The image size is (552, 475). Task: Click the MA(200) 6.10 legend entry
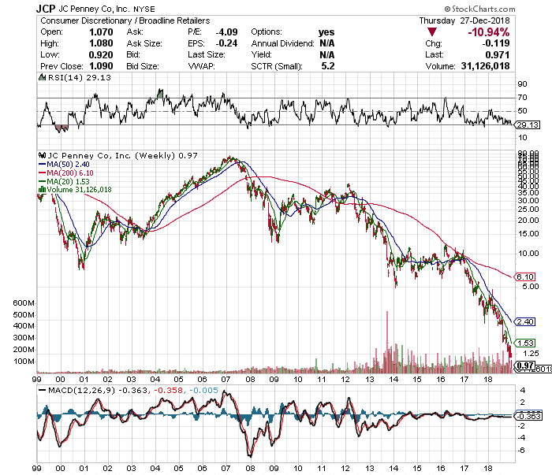(x=72, y=172)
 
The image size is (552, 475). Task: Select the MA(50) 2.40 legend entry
(x=69, y=164)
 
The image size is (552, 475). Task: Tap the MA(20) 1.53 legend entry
(x=69, y=180)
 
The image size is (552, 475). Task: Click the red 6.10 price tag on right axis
(x=525, y=277)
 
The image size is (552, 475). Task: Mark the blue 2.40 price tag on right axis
(x=525, y=322)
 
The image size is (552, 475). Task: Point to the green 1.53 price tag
(x=525, y=343)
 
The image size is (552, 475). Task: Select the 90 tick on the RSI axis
(x=521, y=83)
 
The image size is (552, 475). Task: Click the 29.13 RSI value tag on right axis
(x=526, y=124)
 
